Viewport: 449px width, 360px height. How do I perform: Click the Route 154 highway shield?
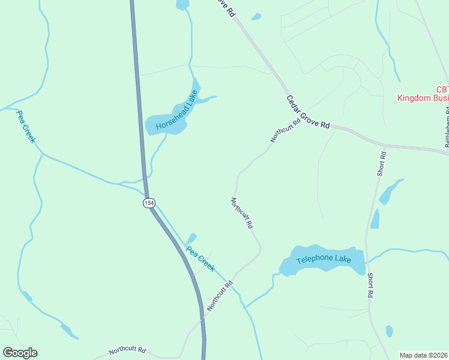pos(149,203)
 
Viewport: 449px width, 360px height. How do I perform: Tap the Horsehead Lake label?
pos(176,110)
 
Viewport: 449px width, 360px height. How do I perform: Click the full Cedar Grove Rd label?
pos(308,112)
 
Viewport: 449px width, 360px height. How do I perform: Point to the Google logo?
pos(20,353)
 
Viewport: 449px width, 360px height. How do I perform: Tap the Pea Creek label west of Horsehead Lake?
pos(26,127)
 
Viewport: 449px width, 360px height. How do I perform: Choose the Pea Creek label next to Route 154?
pos(200,258)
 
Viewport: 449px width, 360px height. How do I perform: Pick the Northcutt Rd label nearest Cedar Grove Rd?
pos(285,127)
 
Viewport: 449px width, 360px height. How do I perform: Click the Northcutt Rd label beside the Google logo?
pos(127,350)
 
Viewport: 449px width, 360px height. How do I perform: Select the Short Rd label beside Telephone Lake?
pos(371,286)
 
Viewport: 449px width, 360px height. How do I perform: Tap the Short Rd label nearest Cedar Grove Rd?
pos(382,163)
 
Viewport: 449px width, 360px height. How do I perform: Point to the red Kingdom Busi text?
pos(423,97)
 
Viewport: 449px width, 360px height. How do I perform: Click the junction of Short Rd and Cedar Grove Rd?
pos(385,145)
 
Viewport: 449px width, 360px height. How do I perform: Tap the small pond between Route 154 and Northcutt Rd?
pos(191,239)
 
